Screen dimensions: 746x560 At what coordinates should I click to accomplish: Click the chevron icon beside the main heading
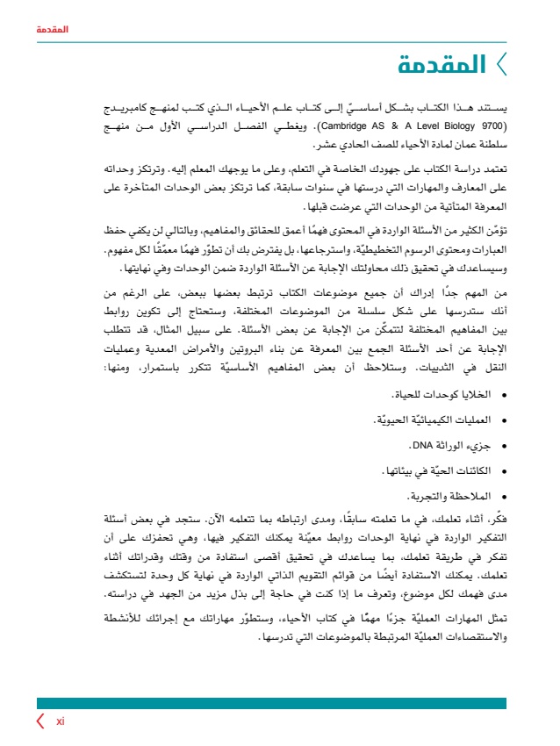tap(500, 64)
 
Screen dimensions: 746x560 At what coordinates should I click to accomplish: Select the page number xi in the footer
tap(61, 721)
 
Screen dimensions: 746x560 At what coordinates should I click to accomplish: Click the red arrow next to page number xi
tap(40, 721)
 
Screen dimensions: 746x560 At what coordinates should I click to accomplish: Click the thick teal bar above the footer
tap(271, 703)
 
